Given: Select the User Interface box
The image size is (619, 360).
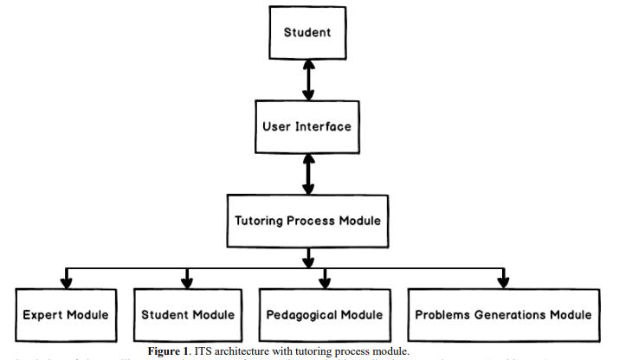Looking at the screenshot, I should pyautogui.click(x=308, y=126).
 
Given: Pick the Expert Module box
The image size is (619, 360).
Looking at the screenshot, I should pyautogui.click(x=66, y=314).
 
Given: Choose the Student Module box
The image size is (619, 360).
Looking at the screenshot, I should pyautogui.click(x=188, y=314).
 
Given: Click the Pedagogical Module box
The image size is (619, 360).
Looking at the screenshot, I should pyautogui.click(x=326, y=314).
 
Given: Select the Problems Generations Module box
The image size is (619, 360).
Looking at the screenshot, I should pyautogui.click(x=503, y=314).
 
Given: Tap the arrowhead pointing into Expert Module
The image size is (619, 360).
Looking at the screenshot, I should pyautogui.click(x=66, y=281).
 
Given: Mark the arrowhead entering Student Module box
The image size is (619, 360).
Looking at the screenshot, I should pyautogui.click(x=188, y=281).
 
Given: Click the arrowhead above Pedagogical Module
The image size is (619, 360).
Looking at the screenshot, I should pyautogui.click(x=326, y=281).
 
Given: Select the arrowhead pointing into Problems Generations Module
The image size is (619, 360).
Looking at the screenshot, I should pyautogui.click(x=503, y=281).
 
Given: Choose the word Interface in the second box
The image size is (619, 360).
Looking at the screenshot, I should pyautogui.click(x=325, y=126).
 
